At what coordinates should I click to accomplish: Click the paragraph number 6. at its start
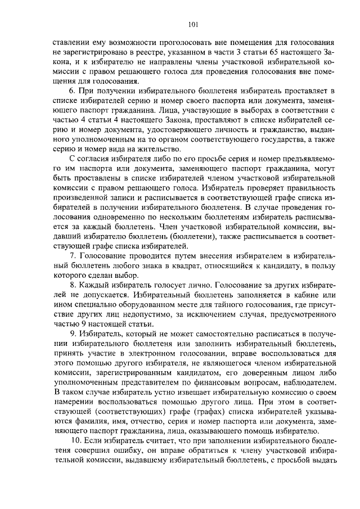(71, 90)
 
